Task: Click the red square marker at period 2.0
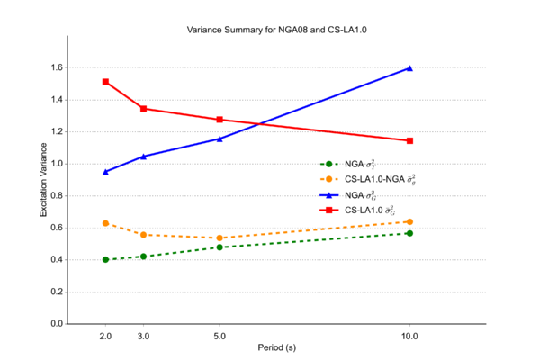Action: pyautogui.click(x=105, y=82)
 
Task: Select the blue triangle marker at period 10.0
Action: pyautogui.click(x=409, y=68)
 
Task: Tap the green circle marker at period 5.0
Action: pyautogui.click(x=220, y=247)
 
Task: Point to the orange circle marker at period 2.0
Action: pyautogui.click(x=105, y=223)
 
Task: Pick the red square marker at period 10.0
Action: pyautogui.click(x=409, y=140)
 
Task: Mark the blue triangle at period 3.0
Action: pyautogui.click(x=143, y=157)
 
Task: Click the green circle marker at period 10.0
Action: pyautogui.click(x=409, y=233)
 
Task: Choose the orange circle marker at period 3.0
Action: pyautogui.click(x=143, y=235)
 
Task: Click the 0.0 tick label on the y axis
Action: pyautogui.click(x=56, y=323)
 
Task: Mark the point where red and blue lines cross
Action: pyautogui.click(x=259, y=123)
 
